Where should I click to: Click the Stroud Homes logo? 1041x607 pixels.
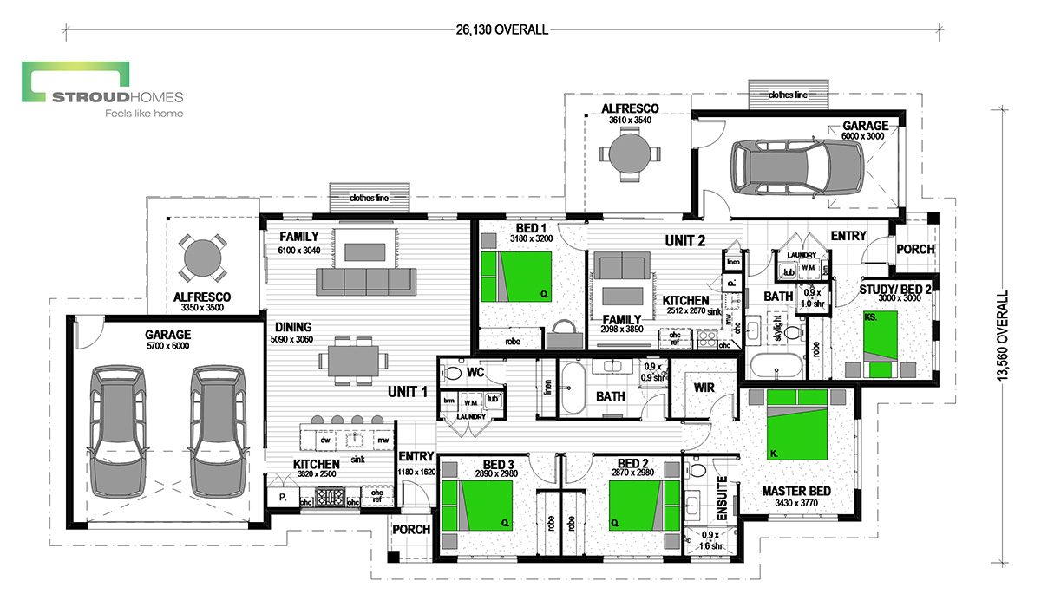(x=102, y=89)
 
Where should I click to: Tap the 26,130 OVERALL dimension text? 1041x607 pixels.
(x=502, y=30)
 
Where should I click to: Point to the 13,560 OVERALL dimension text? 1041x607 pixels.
(x=1003, y=336)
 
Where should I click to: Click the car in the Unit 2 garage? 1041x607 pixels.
(x=797, y=166)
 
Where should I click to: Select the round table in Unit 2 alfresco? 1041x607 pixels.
(x=630, y=153)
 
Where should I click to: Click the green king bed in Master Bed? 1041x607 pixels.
(x=797, y=425)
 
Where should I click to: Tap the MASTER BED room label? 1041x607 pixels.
(x=796, y=491)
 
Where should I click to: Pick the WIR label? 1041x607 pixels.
(x=704, y=388)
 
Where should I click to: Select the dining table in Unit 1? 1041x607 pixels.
(x=353, y=361)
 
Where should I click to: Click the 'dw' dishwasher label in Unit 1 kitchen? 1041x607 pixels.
(x=325, y=440)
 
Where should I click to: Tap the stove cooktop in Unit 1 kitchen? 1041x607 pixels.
(x=331, y=497)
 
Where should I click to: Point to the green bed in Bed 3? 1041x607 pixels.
(x=477, y=506)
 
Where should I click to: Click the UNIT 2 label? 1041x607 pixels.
(x=685, y=240)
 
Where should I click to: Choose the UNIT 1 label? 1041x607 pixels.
(x=408, y=392)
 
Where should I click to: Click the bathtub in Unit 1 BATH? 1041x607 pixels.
(x=573, y=388)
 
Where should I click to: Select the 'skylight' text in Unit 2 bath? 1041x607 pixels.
(x=777, y=329)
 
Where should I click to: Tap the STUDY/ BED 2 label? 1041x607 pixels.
(x=895, y=290)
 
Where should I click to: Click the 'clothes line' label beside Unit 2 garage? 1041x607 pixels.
(x=788, y=95)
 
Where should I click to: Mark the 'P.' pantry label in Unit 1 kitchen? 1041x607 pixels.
(x=283, y=498)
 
